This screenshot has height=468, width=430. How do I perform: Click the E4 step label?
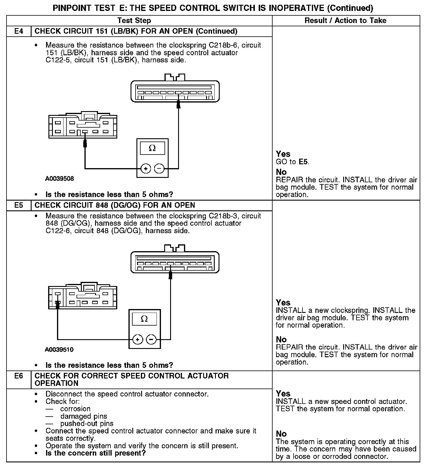pyautogui.click(x=19, y=31)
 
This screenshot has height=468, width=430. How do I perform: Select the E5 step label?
pyautogui.click(x=19, y=205)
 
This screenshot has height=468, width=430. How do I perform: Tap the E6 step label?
pyautogui.click(x=19, y=376)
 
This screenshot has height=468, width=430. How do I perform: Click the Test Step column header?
pyautogui.click(x=134, y=21)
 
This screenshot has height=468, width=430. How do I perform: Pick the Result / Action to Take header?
pyautogui.click(x=345, y=21)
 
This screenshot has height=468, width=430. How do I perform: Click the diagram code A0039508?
pyautogui.click(x=59, y=179)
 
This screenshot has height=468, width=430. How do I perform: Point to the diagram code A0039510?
pyautogui.click(x=59, y=350)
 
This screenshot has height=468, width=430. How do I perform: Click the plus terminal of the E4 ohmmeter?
pyautogui.click(x=146, y=169)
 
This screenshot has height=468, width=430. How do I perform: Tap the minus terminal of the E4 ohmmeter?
pyautogui.click(x=159, y=169)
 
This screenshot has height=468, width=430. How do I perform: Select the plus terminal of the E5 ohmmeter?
pyautogui.click(x=138, y=340)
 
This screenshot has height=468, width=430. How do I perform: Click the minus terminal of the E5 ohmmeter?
pyautogui.click(x=151, y=340)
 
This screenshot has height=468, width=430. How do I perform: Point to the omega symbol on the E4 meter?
pyautogui.click(x=152, y=148)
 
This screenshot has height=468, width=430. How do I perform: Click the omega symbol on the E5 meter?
pyautogui.click(x=144, y=319)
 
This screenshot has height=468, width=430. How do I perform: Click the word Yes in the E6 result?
pyautogui.click(x=283, y=394)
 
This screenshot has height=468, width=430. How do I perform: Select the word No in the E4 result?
pyautogui.click(x=281, y=172)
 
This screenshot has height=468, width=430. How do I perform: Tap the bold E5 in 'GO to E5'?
pyautogui.click(x=303, y=162)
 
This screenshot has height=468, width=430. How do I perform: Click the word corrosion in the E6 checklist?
pyautogui.click(x=75, y=409)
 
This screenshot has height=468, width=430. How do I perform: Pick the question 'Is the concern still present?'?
pyautogui.click(x=96, y=453)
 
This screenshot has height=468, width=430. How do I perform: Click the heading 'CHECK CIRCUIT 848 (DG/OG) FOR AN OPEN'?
pyautogui.click(x=115, y=205)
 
